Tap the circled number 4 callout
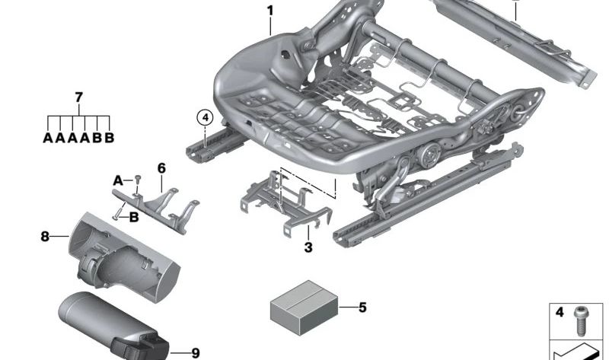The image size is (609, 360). click(203, 117)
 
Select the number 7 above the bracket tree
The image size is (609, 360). click(79, 97)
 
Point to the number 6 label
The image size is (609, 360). click(161, 167)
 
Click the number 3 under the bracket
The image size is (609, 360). click(308, 247)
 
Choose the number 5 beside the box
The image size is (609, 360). click(362, 307)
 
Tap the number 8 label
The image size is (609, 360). click(44, 237)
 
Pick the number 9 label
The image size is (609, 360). click(196, 352)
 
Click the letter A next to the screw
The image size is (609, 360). click(117, 180)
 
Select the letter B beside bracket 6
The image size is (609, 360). click(134, 217)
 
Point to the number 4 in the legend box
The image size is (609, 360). click(561, 313)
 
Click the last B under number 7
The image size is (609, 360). click(110, 139)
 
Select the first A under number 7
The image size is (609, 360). click(48, 139)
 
